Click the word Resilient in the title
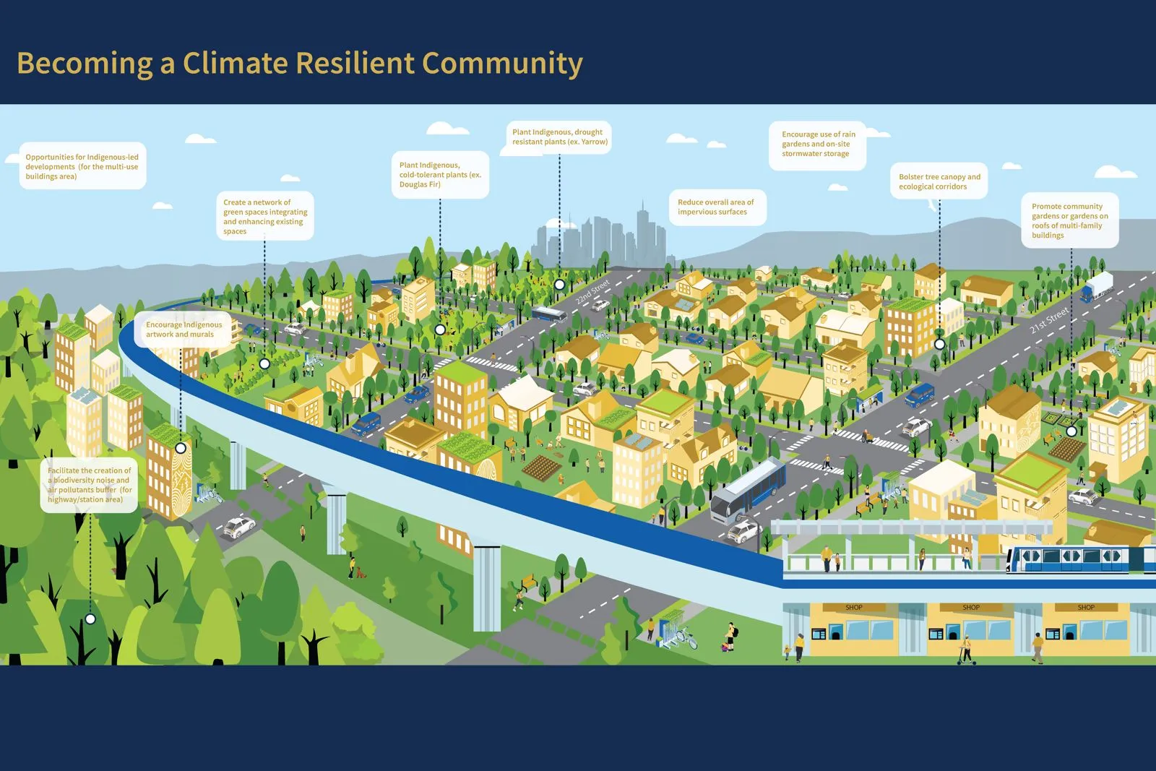click(354, 64)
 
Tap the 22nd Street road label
click(592, 291)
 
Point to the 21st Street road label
click(1048, 320)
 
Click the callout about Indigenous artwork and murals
click(184, 329)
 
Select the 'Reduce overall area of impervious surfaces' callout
click(716, 207)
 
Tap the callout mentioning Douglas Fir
click(440, 175)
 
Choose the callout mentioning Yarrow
click(559, 137)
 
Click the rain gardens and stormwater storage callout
click(818, 145)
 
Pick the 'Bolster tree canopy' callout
click(939, 182)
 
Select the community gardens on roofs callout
click(1069, 220)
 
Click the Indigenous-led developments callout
click(82, 167)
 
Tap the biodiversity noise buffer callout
click(90, 485)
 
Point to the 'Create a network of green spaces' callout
click(264, 217)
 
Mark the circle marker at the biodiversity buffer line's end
click(90, 619)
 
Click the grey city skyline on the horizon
click(600, 235)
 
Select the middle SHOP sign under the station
click(970, 608)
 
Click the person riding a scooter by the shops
click(965, 649)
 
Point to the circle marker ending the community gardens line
click(1071, 431)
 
